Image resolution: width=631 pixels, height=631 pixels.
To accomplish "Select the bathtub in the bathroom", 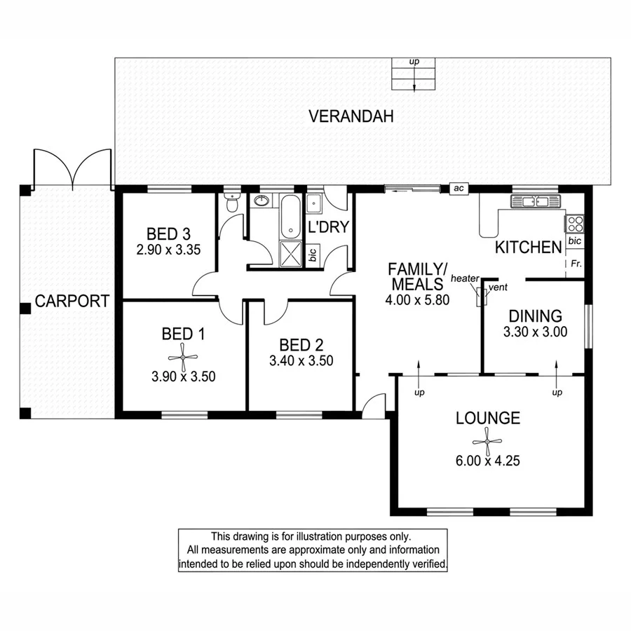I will click(x=290, y=217).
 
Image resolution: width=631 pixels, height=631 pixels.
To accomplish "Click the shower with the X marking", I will click(x=290, y=253).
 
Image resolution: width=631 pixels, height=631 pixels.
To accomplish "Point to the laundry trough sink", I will click(x=315, y=202).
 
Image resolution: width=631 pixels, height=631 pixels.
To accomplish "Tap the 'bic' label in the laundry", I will click(x=313, y=255).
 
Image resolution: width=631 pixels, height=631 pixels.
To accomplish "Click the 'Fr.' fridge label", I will click(x=575, y=264).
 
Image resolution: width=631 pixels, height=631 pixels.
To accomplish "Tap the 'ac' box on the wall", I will click(x=459, y=188).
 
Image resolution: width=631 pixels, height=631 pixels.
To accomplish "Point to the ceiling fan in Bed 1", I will click(x=184, y=357).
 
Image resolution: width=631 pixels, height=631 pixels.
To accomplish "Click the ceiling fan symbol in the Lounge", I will click(x=487, y=442).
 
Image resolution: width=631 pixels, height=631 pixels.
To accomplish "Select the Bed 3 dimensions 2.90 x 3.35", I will click(x=169, y=248).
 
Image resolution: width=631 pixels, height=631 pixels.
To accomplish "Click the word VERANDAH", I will click(x=351, y=116).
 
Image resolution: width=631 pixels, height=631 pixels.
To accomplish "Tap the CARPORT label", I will click(x=72, y=301).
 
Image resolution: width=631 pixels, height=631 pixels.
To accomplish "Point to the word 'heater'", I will click(x=464, y=278).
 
